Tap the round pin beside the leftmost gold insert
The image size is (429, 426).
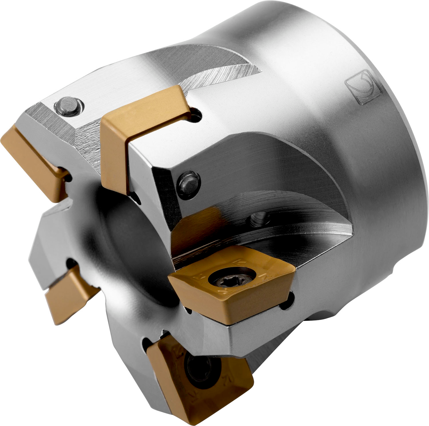pos(69,106)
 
